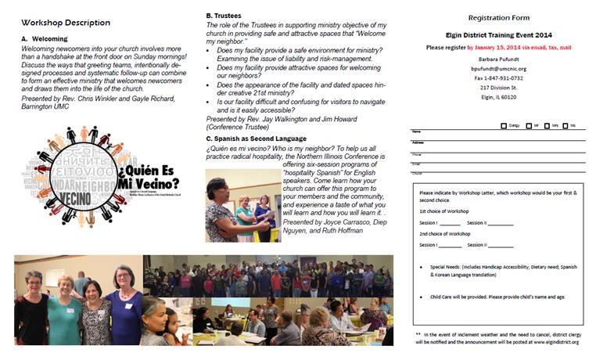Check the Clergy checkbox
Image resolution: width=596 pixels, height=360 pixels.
(x=503, y=125)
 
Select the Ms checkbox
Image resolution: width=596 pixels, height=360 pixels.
(x=573, y=125)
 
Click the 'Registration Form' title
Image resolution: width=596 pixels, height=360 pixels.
(x=498, y=17)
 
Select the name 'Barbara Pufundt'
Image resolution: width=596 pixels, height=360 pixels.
(x=498, y=58)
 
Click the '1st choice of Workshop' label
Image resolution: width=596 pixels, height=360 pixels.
(x=443, y=212)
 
